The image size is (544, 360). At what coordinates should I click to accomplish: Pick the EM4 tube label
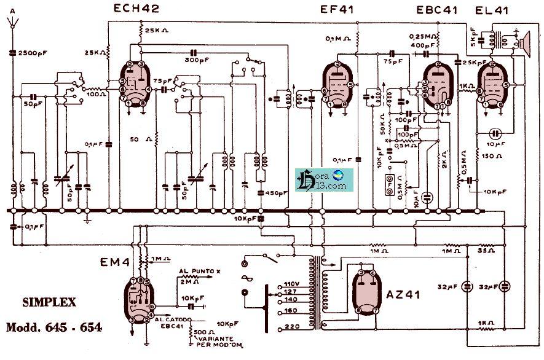pos(114,263)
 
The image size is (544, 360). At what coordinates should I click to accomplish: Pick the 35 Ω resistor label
pos(487,251)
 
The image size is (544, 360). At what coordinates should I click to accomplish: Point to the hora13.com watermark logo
pos(320,180)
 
